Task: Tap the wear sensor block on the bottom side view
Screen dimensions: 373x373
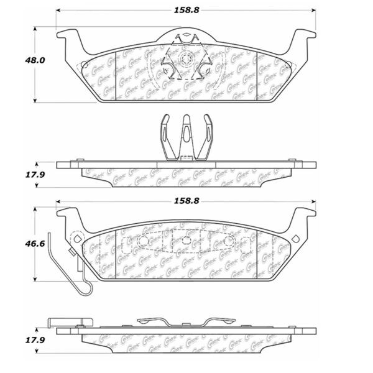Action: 67,321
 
